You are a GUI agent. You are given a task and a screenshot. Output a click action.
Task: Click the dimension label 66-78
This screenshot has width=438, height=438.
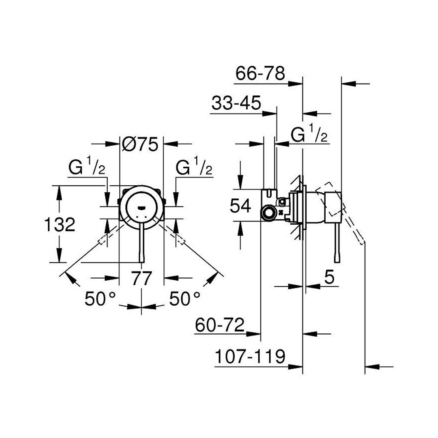260,74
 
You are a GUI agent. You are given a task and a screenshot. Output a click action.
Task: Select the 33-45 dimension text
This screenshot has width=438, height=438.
236,103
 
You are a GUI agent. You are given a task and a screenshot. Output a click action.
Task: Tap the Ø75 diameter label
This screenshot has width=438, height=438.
140,144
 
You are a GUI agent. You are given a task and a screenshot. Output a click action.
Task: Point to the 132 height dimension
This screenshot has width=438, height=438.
60,224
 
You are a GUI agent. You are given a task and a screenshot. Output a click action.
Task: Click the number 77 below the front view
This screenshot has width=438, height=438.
142,278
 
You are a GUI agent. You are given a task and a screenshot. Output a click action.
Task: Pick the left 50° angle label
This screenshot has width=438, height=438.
100,299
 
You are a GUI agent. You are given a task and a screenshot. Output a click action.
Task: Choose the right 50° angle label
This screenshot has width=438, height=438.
185,299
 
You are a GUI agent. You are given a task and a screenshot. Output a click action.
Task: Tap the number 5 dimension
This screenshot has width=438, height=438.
329,278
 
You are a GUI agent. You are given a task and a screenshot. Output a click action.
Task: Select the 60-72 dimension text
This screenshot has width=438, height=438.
219,324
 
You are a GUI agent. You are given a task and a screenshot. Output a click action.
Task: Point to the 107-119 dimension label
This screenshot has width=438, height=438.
250,356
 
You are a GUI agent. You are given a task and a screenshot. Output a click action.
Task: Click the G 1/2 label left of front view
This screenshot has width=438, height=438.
87,166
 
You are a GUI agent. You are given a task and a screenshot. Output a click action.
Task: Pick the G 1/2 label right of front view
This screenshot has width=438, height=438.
194,166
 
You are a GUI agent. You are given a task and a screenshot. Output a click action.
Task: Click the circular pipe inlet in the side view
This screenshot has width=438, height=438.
269,214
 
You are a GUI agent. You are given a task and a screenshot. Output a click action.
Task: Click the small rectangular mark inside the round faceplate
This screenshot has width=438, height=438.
142,207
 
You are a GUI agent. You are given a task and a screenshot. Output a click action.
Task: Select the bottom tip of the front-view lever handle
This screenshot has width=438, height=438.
142,262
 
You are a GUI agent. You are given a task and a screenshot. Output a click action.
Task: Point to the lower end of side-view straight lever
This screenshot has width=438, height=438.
337,262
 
